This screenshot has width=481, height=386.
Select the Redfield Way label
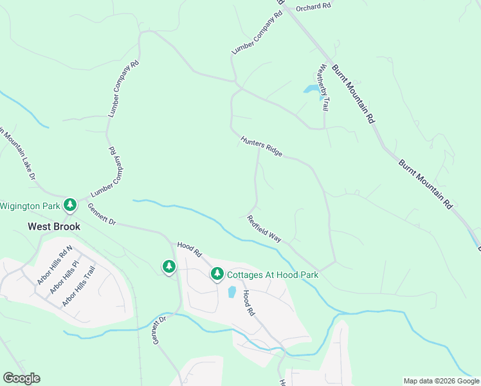click(x=264, y=228)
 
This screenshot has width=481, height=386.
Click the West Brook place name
click(x=54, y=226)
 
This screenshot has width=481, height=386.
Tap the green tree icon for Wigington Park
click(x=70, y=205)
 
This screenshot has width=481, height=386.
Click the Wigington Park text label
click(x=30, y=206)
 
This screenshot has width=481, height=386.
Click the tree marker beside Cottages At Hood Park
click(x=217, y=275)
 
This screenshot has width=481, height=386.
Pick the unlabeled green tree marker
click(x=168, y=266)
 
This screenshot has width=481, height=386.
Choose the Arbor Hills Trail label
click(x=78, y=287)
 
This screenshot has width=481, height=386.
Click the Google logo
click(x=21, y=378)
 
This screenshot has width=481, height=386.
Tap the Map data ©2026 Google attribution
click(x=441, y=381)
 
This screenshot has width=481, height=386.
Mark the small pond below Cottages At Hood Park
click(x=231, y=291)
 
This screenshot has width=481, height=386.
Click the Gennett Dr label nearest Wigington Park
click(x=102, y=214)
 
